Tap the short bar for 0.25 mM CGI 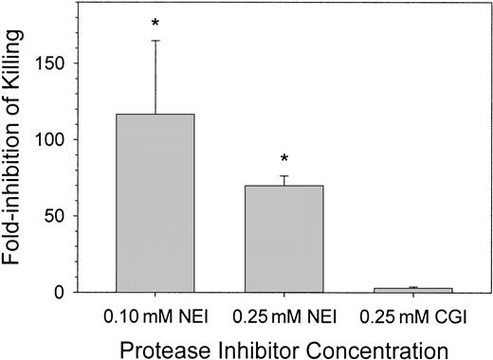tap(413, 289)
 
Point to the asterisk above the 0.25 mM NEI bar tap(283, 150)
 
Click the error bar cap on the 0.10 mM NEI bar tap(155, 41)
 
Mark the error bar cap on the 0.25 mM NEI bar tap(283, 176)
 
